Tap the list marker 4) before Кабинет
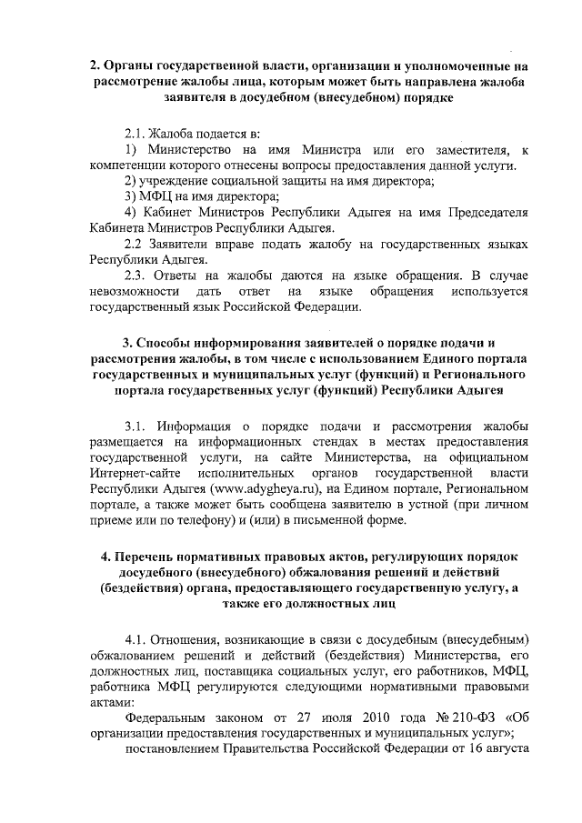(132, 212)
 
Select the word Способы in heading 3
(168, 343)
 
